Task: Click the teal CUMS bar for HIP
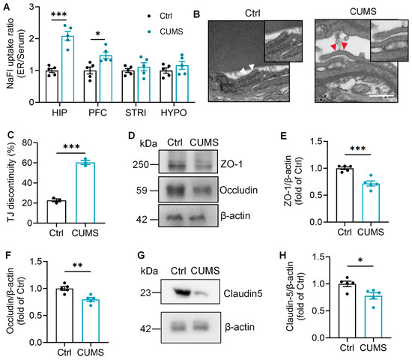point(67,69)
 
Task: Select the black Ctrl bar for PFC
point(90,86)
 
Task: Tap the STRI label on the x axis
point(136,112)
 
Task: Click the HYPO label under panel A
point(174,112)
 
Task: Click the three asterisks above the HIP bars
point(59,14)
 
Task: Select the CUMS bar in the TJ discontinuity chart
point(85,193)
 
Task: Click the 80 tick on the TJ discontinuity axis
point(26,143)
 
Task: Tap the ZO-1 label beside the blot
point(231,164)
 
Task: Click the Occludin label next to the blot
point(238,190)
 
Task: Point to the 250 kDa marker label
point(141,165)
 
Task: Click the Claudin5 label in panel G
point(243,293)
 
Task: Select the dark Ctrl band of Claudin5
point(182,292)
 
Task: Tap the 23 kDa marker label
point(145,292)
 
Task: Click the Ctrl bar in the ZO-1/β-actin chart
point(345,195)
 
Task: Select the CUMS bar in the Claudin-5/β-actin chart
point(373,316)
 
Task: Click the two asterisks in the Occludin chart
point(77,265)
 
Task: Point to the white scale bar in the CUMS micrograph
point(381,96)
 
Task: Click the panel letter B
point(196,14)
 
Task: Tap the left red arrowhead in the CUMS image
point(333,47)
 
